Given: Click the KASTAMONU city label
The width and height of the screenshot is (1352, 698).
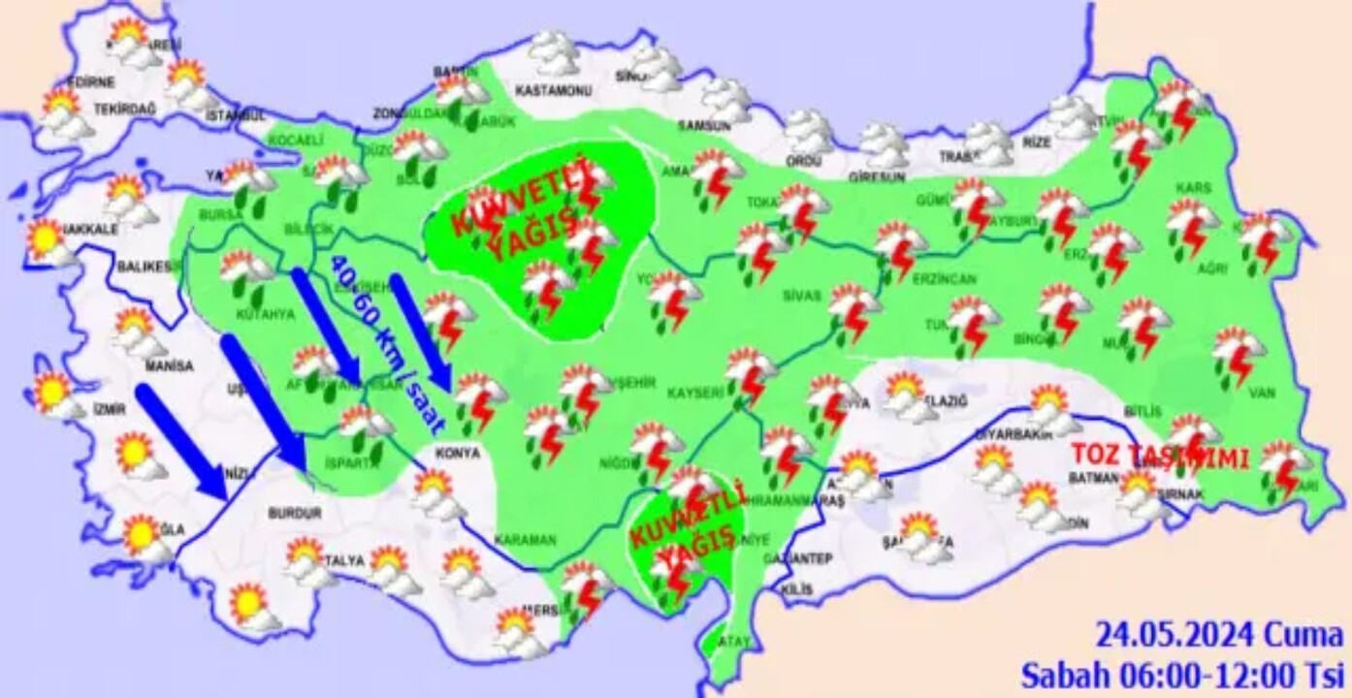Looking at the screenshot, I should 553,90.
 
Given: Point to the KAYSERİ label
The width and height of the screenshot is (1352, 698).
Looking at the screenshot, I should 695,393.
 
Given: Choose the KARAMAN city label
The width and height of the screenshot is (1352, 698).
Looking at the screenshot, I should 525,540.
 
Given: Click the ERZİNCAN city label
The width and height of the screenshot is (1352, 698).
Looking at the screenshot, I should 944,278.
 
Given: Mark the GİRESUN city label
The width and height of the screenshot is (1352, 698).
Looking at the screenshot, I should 876,177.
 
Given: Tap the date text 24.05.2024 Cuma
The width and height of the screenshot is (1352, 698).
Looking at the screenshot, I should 1219,636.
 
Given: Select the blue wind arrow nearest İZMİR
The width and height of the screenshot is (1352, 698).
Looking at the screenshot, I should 181,441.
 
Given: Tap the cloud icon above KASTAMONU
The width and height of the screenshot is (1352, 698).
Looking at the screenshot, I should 554,53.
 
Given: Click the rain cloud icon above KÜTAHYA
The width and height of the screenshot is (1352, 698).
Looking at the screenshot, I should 245,274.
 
